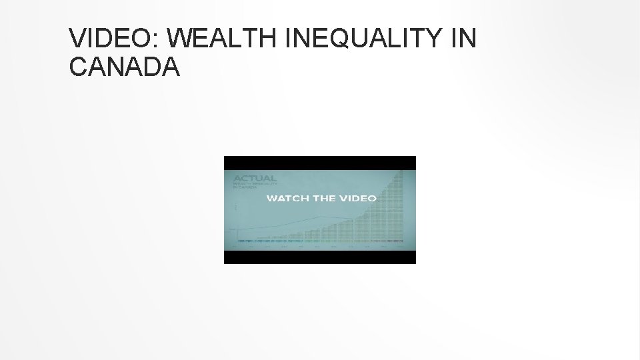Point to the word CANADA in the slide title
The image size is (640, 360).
click(125, 67)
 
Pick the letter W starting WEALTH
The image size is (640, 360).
click(181, 39)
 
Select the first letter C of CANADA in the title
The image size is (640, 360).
click(78, 67)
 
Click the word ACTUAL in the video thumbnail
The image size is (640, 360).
click(254, 178)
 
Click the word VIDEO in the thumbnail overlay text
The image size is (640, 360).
click(360, 198)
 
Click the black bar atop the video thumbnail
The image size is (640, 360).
click(320, 163)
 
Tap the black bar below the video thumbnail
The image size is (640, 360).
click(320, 257)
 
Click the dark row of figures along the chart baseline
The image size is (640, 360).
click(320, 239)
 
